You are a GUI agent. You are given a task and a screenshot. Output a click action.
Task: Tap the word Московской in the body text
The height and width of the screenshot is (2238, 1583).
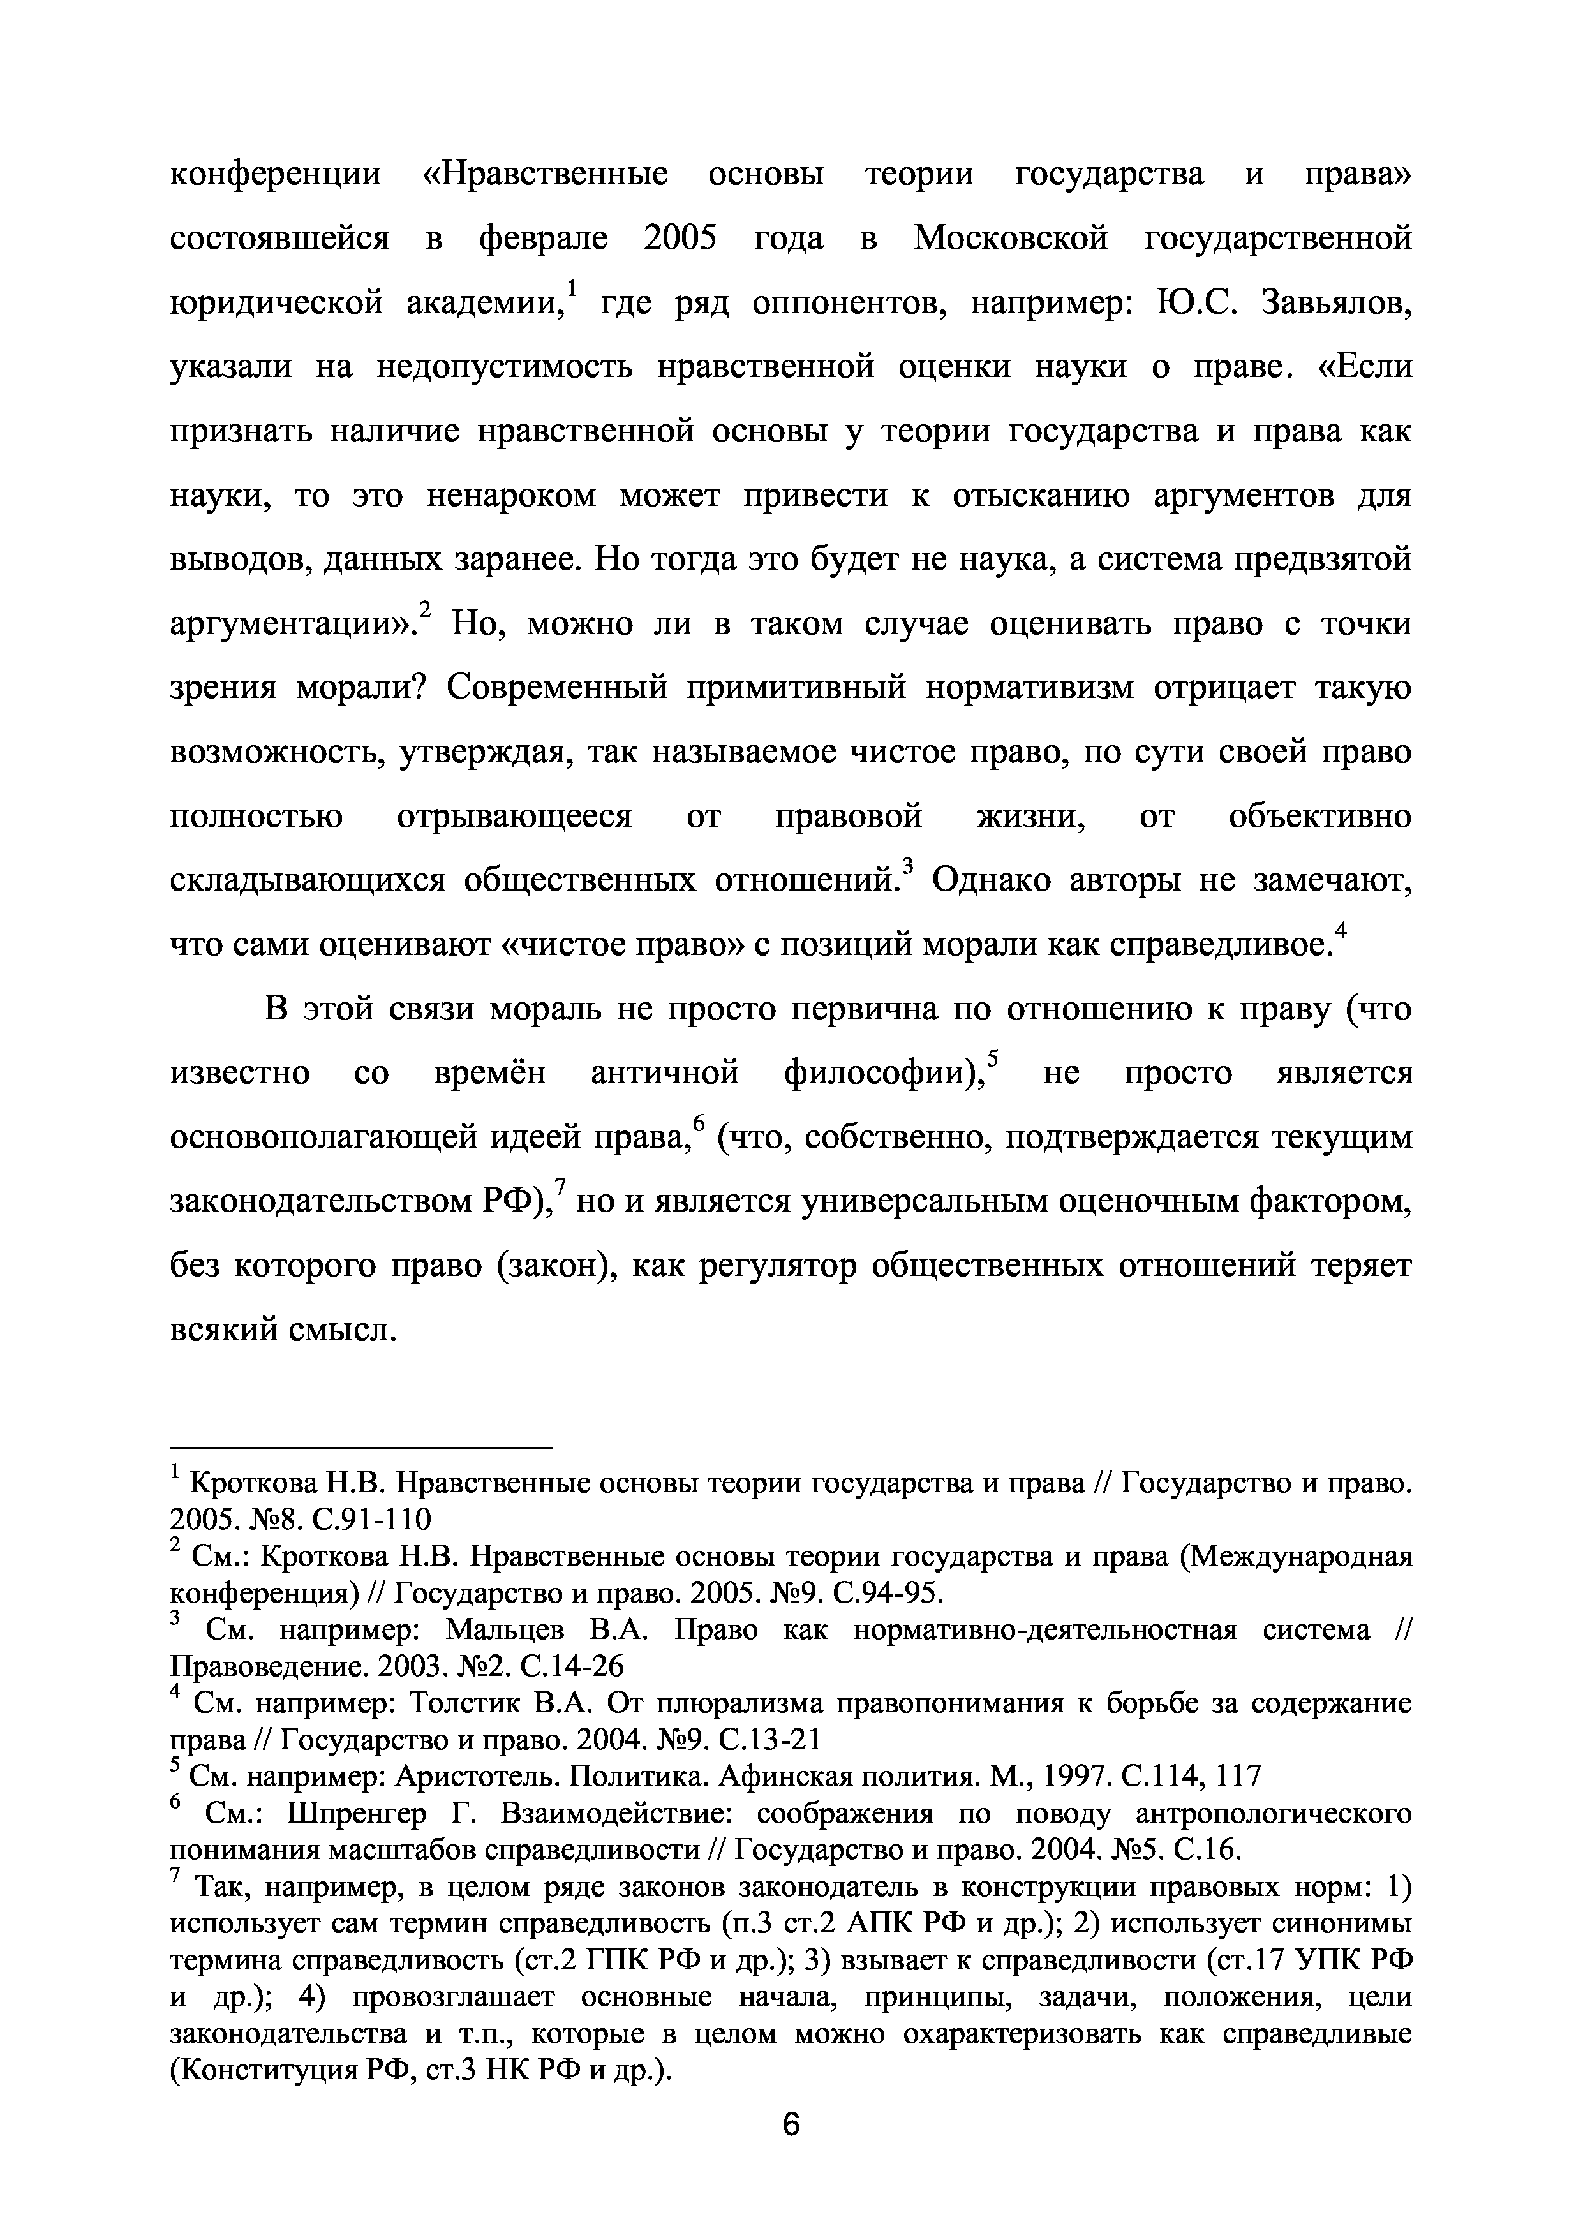point(1011,239)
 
